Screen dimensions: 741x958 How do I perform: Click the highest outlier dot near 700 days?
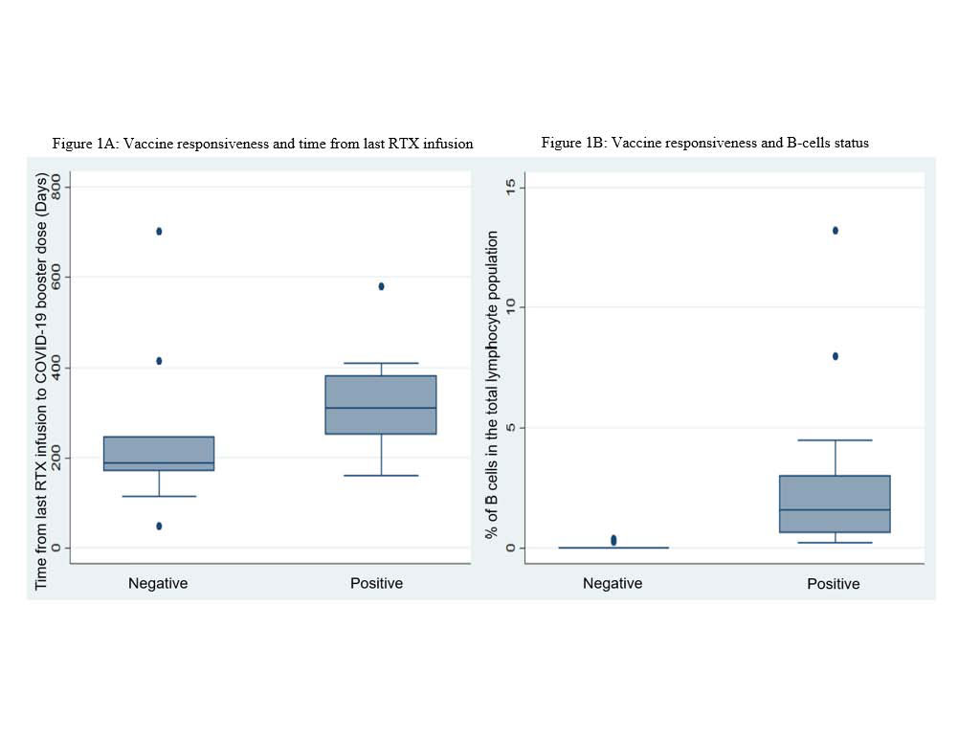[159, 231]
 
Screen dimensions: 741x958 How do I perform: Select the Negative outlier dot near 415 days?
[159, 361]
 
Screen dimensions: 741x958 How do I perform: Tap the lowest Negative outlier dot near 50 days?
[159, 526]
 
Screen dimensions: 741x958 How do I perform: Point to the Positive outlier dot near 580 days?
[381, 286]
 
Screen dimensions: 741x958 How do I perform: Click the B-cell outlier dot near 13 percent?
[835, 230]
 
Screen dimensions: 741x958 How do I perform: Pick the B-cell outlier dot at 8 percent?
[835, 356]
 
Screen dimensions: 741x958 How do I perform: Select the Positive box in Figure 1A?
[381, 404]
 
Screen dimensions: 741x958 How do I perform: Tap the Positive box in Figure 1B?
[835, 504]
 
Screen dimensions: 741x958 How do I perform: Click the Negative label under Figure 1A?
[158, 583]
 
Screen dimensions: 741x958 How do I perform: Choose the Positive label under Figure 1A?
[376, 583]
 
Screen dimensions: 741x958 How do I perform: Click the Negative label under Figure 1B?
[613, 583]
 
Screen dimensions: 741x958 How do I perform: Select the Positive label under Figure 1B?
[834, 583]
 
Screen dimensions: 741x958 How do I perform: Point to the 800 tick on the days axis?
[56, 186]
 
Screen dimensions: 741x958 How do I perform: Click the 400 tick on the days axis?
[56, 368]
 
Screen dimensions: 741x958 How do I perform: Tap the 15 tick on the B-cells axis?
[511, 186]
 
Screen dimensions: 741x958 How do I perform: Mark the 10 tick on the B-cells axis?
[511, 306]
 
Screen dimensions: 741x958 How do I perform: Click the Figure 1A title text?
[262, 144]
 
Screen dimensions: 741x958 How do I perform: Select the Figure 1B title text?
[704, 143]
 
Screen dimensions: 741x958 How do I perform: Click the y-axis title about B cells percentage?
[493, 383]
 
